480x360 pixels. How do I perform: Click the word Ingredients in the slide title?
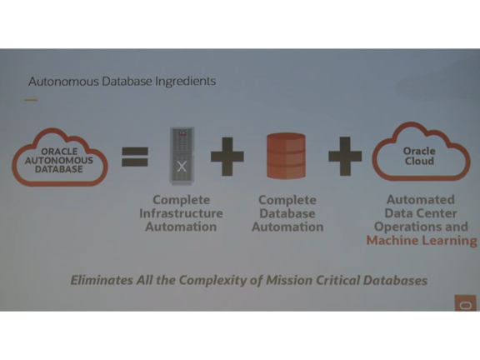click(x=186, y=82)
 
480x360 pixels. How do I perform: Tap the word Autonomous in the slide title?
click(x=63, y=82)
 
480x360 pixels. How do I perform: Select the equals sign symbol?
click(x=135, y=157)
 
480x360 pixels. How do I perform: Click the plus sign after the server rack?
click(x=227, y=157)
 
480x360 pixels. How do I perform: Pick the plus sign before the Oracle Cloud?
click(x=345, y=156)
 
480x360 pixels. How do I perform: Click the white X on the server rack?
click(x=182, y=167)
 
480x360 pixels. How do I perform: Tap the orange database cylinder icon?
click(x=286, y=156)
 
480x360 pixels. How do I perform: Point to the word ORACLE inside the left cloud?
click(x=59, y=152)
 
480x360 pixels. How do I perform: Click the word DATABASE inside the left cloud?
click(x=59, y=169)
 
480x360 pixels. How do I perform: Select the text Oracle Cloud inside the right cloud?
click(x=419, y=156)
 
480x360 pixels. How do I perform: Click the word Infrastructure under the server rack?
click(x=181, y=213)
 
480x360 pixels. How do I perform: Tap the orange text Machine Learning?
click(x=422, y=240)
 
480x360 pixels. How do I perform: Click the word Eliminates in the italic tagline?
click(x=102, y=280)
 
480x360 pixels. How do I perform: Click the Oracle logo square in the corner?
click(x=465, y=303)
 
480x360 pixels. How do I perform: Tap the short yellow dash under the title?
click(x=31, y=100)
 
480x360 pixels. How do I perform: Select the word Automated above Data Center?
click(x=421, y=200)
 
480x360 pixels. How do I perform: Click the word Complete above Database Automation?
click(x=287, y=200)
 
